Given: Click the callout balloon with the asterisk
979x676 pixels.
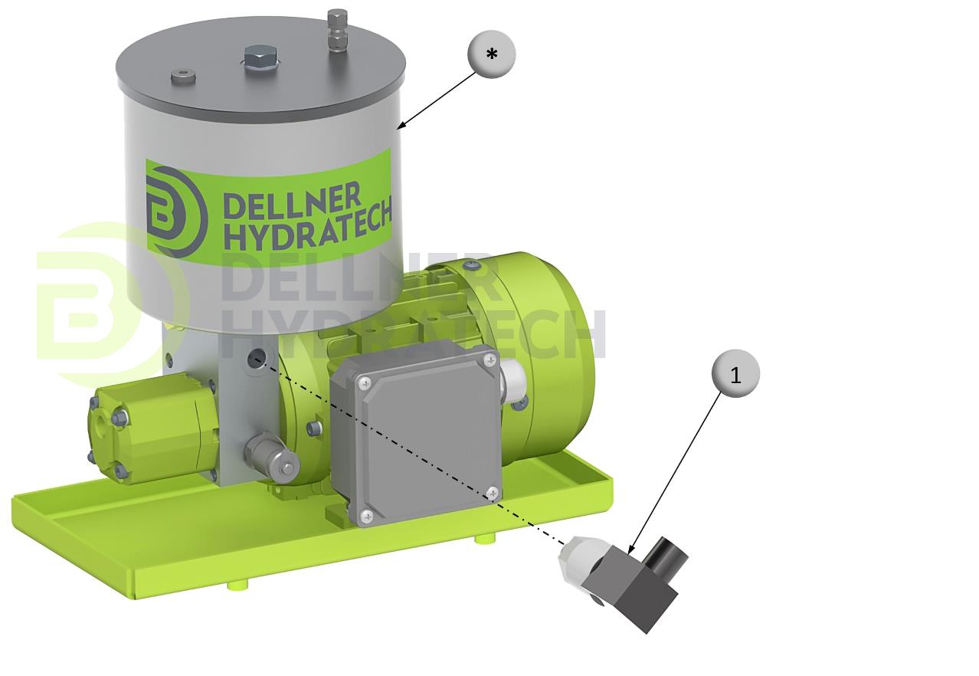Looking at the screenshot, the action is [x=491, y=54].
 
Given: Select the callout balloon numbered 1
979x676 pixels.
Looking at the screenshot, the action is [x=735, y=373].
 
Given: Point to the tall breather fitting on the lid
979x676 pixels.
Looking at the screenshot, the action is [x=337, y=30].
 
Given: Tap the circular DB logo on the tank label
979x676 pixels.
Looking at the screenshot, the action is [x=175, y=212].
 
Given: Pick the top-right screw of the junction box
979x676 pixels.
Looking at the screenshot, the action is [x=490, y=360].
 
